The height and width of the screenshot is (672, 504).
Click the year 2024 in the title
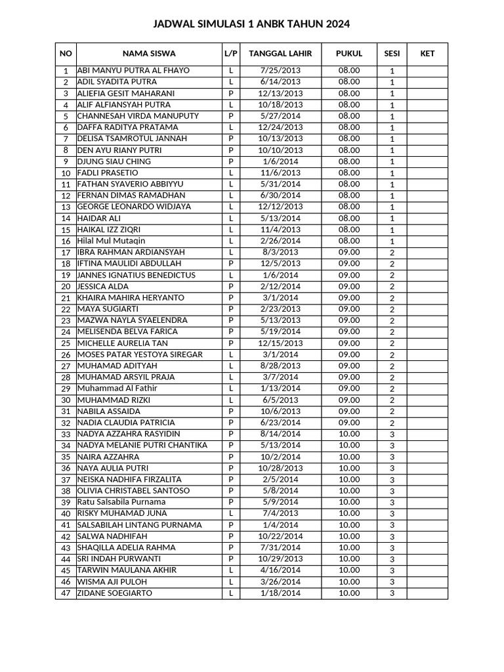(x=337, y=24)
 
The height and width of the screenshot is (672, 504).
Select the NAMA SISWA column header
(x=149, y=54)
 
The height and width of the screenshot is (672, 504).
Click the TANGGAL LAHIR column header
(x=280, y=54)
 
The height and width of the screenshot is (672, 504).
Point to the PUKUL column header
(x=349, y=54)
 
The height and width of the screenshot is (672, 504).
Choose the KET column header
(x=427, y=54)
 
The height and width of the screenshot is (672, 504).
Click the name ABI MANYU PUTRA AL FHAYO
(x=133, y=70)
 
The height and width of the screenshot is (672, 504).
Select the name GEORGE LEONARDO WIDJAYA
(x=134, y=207)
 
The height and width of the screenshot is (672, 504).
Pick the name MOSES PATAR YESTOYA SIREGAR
(x=140, y=354)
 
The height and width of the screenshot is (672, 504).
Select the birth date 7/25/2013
(x=280, y=70)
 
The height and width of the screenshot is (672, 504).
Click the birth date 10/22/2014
(x=280, y=536)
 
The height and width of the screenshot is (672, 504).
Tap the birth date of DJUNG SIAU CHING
(x=280, y=161)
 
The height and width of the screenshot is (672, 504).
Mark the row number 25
(x=66, y=343)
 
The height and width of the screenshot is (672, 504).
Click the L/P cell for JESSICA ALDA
(x=231, y=287)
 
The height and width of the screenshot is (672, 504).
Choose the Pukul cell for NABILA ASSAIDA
(x=349, y=411)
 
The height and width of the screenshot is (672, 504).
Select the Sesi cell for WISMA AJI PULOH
(x=392, y=582)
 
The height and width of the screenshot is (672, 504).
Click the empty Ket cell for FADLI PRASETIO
(x=427, y=173)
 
